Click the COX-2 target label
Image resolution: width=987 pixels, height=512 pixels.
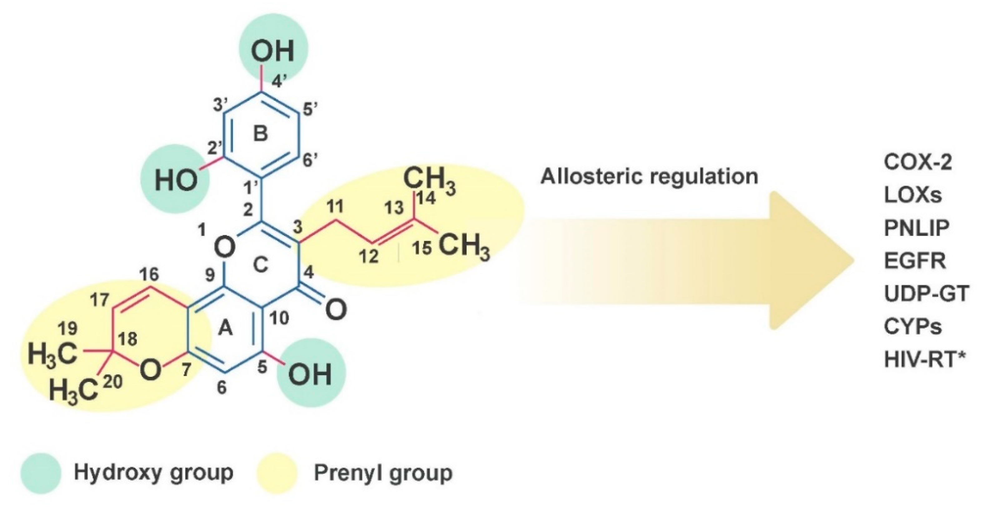tap(918, 162)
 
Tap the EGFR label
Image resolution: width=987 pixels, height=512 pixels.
tap(915, 261)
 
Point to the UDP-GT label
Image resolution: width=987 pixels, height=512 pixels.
tap(926, 294)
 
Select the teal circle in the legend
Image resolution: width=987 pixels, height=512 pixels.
tap(41, 473)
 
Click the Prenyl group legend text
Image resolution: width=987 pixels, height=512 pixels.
tap(383, 473)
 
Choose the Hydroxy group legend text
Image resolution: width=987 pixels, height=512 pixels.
tap(154, 473)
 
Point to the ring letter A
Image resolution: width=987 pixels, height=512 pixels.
tap(225, 328)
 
